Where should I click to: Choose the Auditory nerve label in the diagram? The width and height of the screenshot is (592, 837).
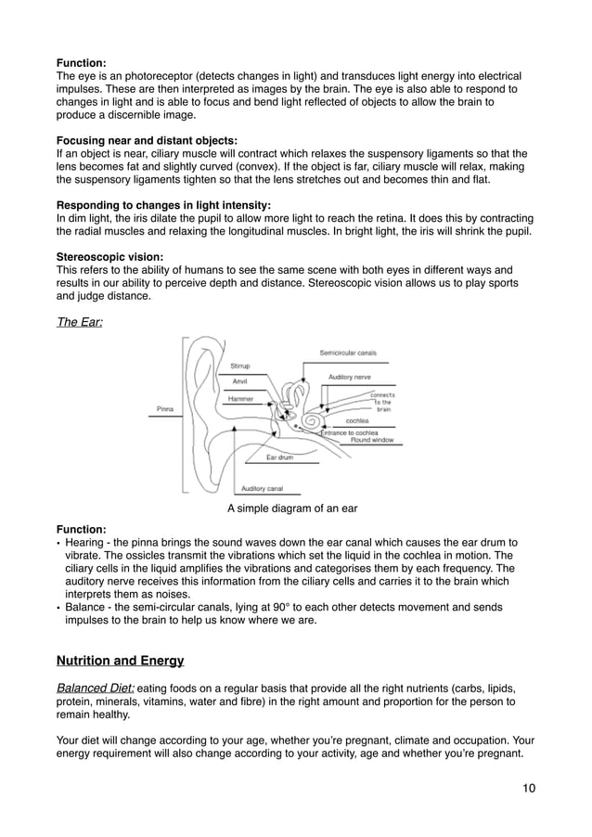pos(351,377)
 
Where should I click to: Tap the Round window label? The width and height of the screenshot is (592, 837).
pos(372,440)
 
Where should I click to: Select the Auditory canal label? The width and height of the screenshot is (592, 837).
pos(262,488)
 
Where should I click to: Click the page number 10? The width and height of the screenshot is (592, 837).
pos(528,788)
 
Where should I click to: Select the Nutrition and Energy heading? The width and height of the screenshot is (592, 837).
pos(121,662)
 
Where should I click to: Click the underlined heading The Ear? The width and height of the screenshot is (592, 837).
pos(80,320)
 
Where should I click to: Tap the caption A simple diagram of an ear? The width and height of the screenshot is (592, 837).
pos(292,509)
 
